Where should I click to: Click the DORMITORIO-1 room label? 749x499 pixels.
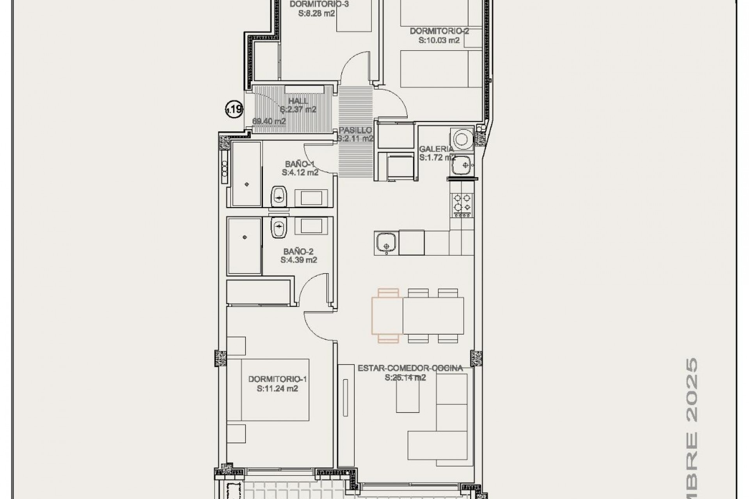(x=277, y=379)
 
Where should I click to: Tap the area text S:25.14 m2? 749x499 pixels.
(x=405, y=377)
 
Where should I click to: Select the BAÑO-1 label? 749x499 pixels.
(x=300, y=164)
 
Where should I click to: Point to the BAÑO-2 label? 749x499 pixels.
(x=298, y=252)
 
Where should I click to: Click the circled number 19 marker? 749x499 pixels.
(x=234, y=109)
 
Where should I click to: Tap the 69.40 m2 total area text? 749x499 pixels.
(x=269, y=121)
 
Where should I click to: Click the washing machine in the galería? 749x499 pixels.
(x=462, y=139)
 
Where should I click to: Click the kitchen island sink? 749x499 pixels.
(x=386, y=242)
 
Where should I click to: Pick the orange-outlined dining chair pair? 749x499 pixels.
(x=387, y=315)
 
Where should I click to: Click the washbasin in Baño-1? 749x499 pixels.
(x=279, y=196)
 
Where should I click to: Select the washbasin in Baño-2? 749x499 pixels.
(x=279, y=227)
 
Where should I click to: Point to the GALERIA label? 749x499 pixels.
(x=436, y=149)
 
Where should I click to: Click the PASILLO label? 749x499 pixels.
(x=355, y=130)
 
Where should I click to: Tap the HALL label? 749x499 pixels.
(x=298, y=101)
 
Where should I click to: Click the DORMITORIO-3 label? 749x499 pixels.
(x=319, y=4)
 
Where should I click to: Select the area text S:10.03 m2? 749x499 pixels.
(x=439, y=40)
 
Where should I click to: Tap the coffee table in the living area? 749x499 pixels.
(x=407, y=395)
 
